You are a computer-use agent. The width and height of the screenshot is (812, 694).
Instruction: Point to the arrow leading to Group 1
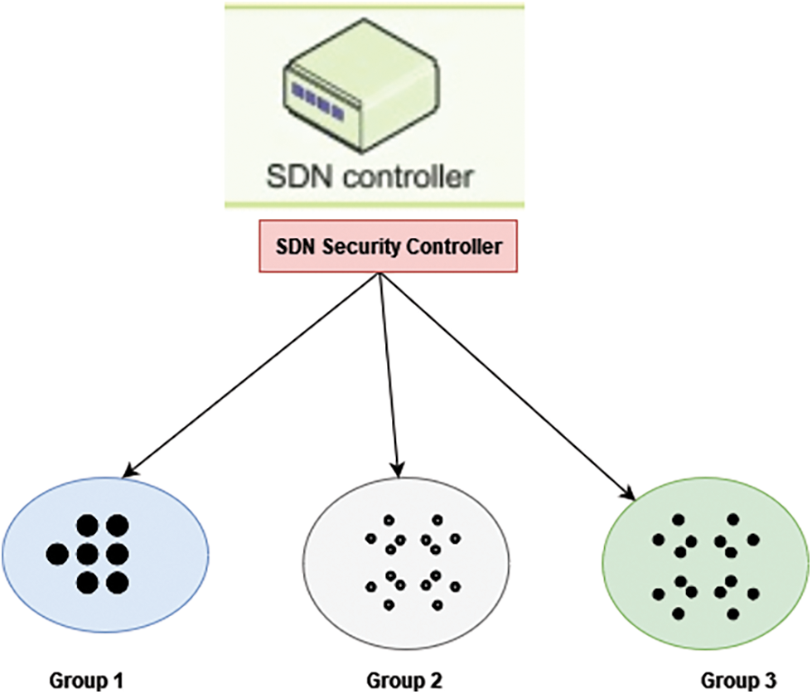point(249,377)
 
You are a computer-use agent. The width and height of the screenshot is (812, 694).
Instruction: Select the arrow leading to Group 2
point(389,377)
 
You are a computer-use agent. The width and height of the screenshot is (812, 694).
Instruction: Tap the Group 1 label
point(87,681)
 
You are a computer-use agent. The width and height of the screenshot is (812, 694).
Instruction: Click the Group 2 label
point(404,681)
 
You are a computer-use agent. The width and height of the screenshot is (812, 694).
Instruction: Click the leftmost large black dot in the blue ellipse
point(56,553)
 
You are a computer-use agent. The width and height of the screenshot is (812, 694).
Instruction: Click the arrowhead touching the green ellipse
point(629,494)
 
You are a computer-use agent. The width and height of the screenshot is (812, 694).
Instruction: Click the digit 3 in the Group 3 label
point(771,681)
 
